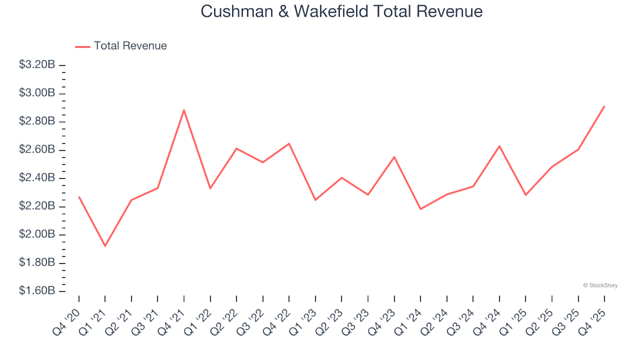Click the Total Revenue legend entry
(x=121, y=46)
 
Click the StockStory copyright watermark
(x=600, y=285)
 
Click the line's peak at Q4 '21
(x=184, y=110)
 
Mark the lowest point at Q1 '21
(x=105, y=246)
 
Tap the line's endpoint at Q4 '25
(x=604, y=106)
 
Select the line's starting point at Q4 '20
(x=79, y=197)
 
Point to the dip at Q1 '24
(x=420, y=209)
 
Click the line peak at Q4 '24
(x=499, y=146)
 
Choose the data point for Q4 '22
(x=289, y=143)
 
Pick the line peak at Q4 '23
(x=394, y=157)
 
